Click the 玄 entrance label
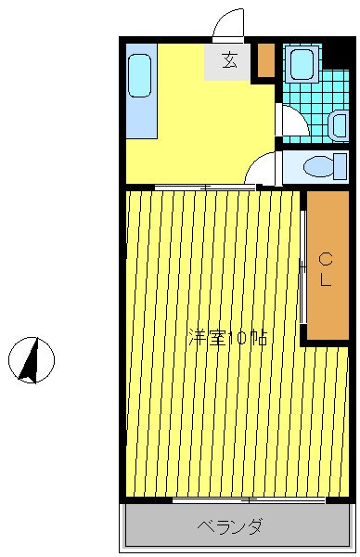pos(230,60)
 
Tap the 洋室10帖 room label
pos(227,338)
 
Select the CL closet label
pos(326,269)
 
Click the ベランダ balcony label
pos(230,526)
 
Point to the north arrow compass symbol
pos(32,360)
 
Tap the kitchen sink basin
pos(140,75)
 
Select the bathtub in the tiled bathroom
pos(302,65)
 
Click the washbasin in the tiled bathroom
pos(338,124)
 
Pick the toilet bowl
pos(318,166)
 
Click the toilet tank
pos(341,166)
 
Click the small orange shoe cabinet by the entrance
pos(266,60)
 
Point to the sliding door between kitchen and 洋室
pos(205,188)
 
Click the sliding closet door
pos(303,266)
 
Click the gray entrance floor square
pos(227,62)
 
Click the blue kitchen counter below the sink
pos(142,91)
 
